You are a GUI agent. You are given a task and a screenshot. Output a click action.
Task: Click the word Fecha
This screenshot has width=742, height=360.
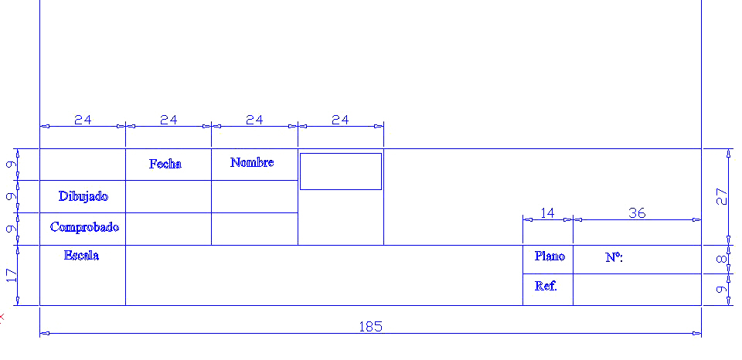pos(165,164)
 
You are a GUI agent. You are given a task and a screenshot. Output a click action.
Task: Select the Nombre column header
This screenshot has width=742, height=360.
pos(252,163)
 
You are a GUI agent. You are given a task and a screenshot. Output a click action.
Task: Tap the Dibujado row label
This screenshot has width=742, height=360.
pos(83,196)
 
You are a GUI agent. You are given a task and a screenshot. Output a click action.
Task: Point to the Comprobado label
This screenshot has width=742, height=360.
pos(85,228)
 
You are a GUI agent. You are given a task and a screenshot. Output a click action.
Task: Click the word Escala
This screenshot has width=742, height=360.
pos(81,256)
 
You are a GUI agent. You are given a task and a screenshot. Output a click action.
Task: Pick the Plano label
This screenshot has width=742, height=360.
pos(550,256)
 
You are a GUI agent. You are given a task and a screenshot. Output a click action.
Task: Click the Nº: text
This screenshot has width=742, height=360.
pos(614,258)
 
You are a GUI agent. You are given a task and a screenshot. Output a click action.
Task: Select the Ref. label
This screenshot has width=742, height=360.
pos(546,286)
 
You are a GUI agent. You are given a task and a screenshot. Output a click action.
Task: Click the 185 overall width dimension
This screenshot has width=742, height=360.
pos(370,327)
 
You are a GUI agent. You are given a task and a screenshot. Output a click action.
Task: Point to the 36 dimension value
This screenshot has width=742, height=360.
pos(637,213)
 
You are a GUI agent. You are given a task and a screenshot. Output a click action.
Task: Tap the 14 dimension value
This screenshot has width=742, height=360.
pos(547,213)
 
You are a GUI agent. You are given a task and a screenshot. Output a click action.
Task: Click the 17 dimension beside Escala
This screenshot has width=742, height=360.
pos(12,275)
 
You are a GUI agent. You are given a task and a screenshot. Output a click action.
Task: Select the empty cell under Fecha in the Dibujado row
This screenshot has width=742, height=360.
pos(168,196)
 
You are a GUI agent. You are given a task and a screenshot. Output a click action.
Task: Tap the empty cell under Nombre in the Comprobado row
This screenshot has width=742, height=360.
pos(254,229)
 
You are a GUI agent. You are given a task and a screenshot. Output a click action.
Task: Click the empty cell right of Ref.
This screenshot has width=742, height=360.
pos(637,290)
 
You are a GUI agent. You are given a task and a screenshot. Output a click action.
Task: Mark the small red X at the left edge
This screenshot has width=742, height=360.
pos(2,317)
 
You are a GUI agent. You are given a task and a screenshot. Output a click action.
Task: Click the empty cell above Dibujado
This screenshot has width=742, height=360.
pos(83,164)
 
